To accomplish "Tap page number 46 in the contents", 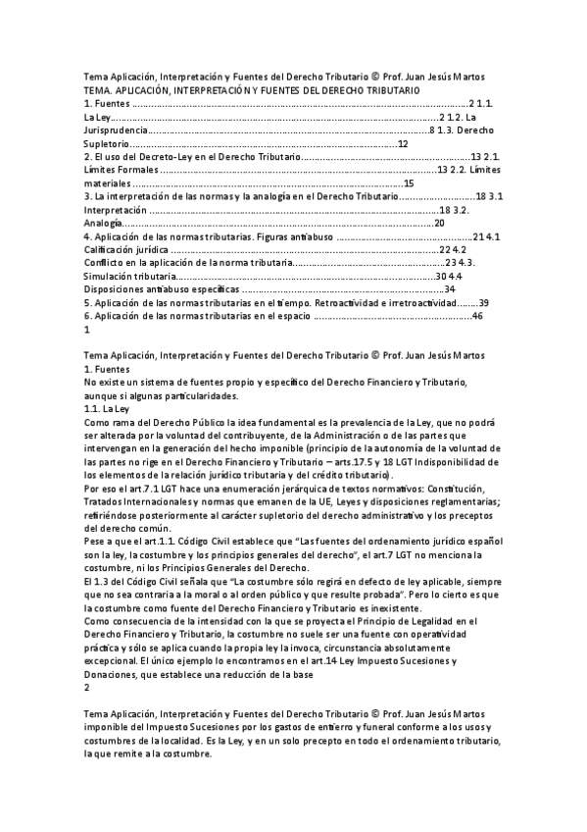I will [x=477, y=317].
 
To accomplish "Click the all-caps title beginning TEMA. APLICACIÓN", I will [x=252, y=90].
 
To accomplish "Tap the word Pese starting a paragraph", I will [x=95, y=543].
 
